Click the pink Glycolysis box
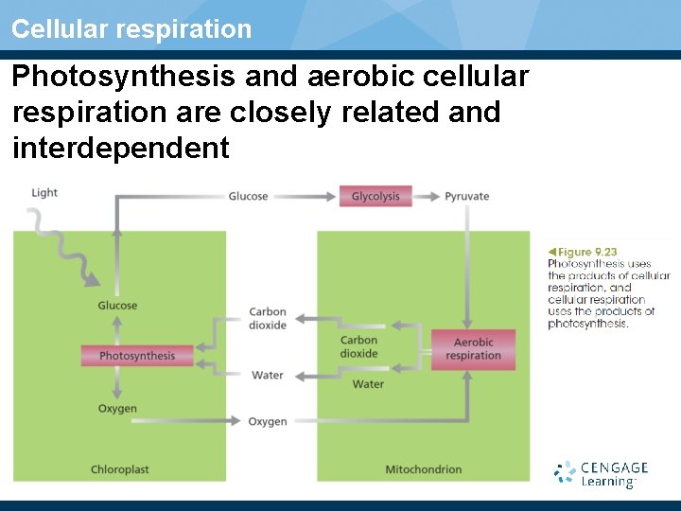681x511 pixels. tap(375, 197)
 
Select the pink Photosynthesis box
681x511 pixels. tap(137, 356)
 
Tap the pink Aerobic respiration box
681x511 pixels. tap(473, 349)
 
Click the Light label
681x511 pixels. tap(44, 193)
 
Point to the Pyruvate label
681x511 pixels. tap(466, 197)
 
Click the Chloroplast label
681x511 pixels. tap(120, 469)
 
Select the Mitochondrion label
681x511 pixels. tap(424, 469)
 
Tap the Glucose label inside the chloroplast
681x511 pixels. tap(117, 306)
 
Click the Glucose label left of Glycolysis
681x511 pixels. tap(248, 197)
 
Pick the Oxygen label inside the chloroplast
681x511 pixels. tap(117, 409)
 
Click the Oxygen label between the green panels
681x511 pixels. tap(268, 421)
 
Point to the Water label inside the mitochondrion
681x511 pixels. tap(368, 384)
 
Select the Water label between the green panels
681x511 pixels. tap(268, 376)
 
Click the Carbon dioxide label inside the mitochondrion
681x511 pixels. tap(358, 347)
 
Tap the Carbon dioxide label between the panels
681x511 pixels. tap(268, 319)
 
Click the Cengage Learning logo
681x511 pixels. tap(602, 473)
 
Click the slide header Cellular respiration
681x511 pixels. tap(131, 28)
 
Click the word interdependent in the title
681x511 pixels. tap(121, 148)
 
